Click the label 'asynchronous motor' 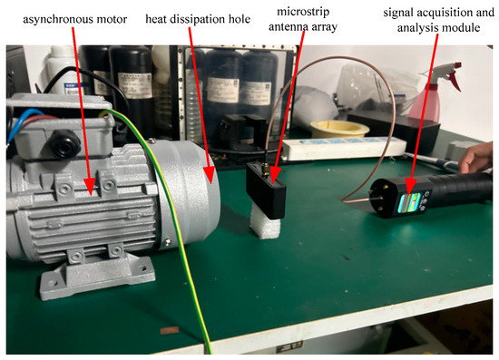point(74,19)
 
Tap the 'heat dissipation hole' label point(198,19)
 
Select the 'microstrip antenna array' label point(303,19)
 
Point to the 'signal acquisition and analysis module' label point(438,20)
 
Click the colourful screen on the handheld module point(409,203)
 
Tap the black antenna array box point(266,190)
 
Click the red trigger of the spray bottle point(455,78)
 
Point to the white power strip point(344,148)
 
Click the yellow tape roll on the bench point(339,129)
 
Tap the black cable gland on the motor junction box point(64,144)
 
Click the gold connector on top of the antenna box point(264,170)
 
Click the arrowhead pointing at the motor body point(90,187)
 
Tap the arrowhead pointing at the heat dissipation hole point(209,175)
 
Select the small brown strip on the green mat point(170,331)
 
